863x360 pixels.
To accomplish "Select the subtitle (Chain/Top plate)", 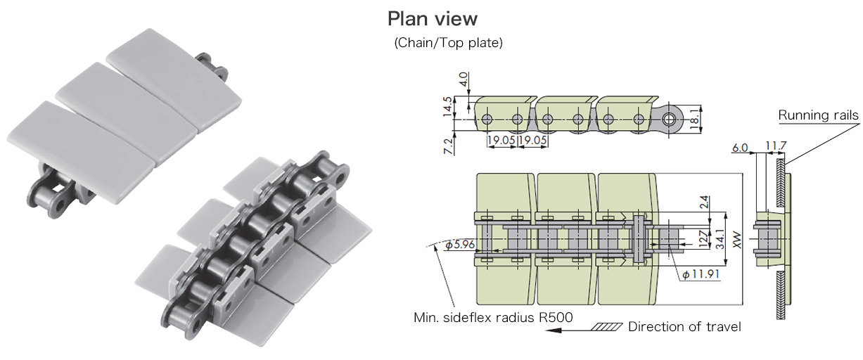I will [448, 44].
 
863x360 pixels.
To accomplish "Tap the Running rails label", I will [818, 115].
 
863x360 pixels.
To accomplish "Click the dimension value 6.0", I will [740, 148].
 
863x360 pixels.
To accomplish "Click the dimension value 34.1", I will [720, 239].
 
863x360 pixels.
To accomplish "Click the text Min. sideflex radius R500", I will [492, 317].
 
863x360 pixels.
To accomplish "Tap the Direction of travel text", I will [684, 327].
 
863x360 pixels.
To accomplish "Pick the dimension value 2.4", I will [705, 202].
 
